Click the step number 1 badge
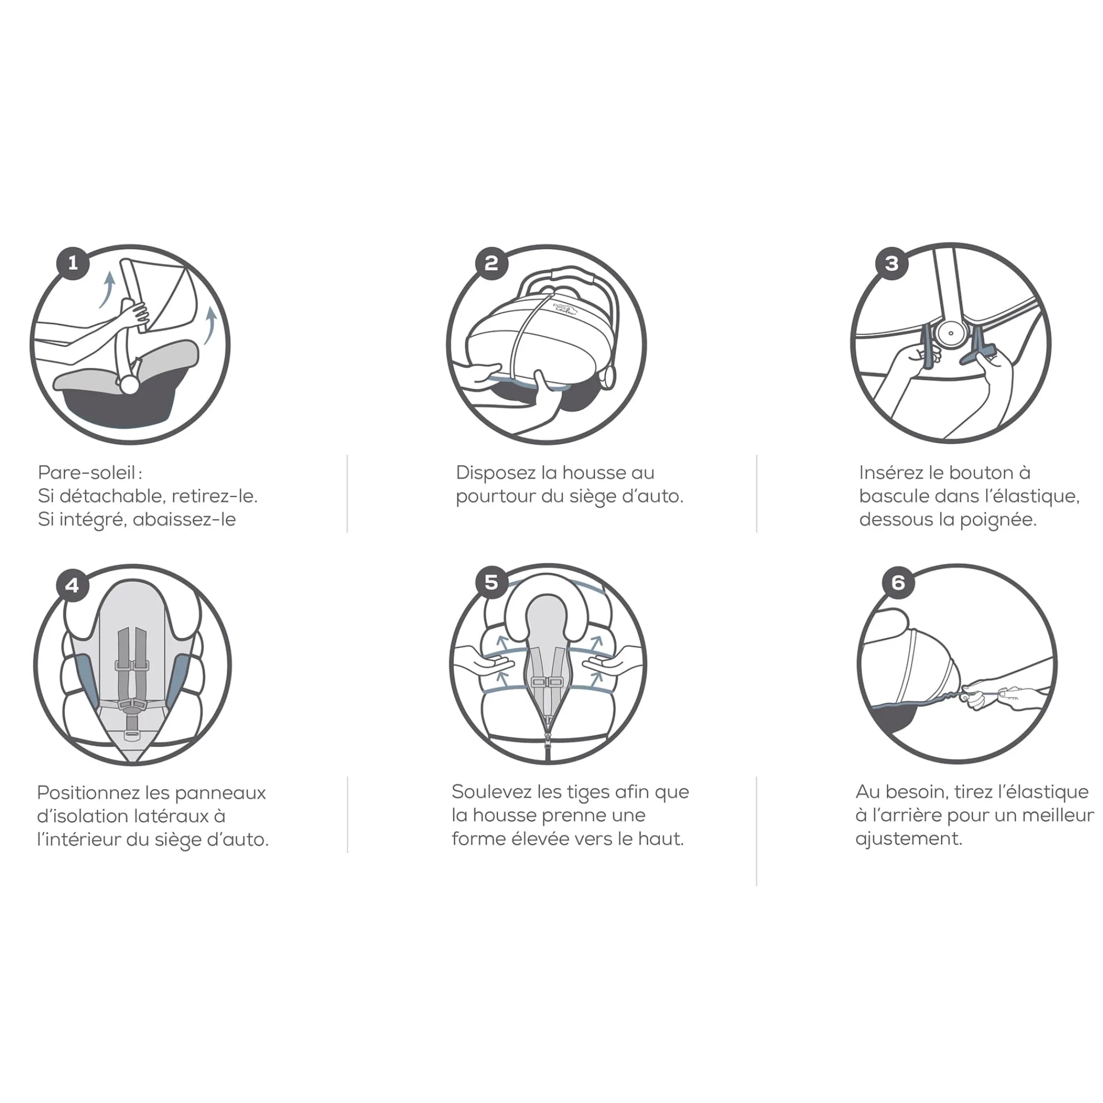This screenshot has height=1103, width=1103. pyautogui.click(x=73, y=263)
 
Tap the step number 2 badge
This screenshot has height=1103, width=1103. pyautogui.click(x=491, y=263)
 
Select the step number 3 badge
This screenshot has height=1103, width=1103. pyautogui.click(x=892, y=263)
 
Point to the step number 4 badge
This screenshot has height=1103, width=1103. pyautogui.click(x=73, y=585)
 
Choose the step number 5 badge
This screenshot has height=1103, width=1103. pyautogui.click(x=491, y=582)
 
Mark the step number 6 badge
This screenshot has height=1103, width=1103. pyautogui.click(x=898, y=582)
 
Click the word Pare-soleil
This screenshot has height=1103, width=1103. pyautogui.click(x=87, y=473)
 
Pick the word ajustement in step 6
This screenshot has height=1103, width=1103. pyautogui.click(x=909, y=839)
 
